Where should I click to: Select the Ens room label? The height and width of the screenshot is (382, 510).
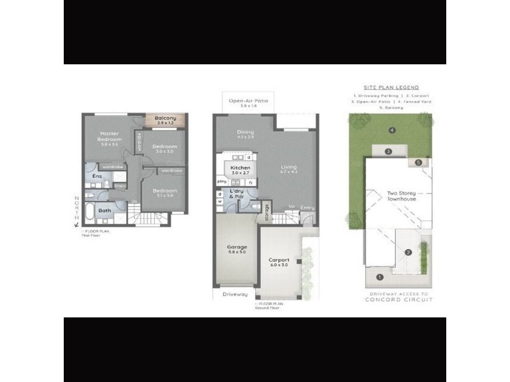98,176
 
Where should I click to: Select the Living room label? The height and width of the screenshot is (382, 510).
289,169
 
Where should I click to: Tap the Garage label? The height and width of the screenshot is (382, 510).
237,247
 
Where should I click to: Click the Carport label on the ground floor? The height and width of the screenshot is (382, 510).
279,260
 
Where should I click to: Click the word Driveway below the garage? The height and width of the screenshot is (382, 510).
235,294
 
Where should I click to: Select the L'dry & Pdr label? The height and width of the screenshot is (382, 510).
238,195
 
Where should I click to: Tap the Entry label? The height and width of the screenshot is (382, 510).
308,208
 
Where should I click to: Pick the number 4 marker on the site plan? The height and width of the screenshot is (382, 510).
392,131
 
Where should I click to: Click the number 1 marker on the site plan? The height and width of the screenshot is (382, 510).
380,277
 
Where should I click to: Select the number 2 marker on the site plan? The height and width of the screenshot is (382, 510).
408,253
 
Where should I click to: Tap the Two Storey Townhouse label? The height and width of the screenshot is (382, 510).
402,196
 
